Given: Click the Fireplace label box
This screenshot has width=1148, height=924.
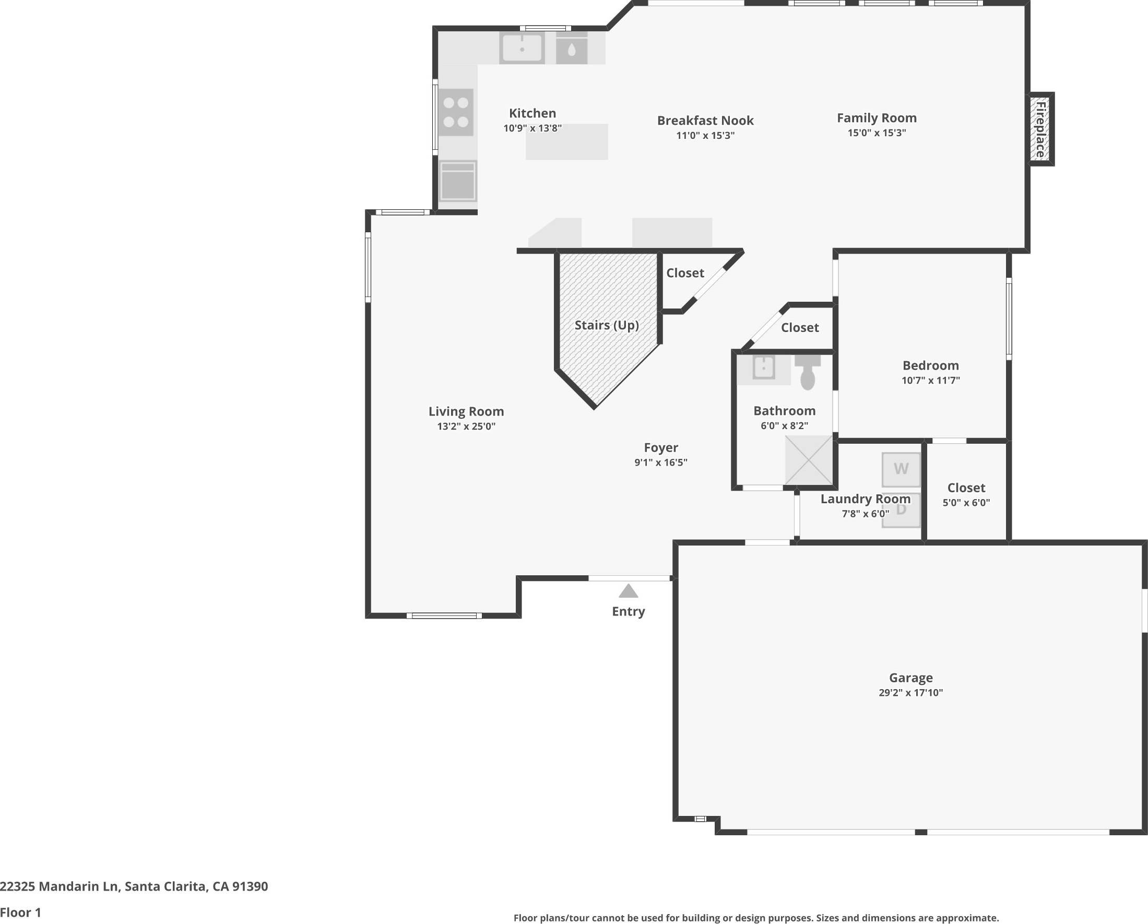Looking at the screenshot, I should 1040,129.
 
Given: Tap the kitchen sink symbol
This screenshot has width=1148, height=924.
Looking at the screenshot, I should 522,48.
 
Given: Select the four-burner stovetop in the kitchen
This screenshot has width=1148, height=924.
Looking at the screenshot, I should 456,112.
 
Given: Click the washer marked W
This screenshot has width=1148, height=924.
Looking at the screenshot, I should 901,469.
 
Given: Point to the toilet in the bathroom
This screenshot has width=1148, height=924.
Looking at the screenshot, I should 808,372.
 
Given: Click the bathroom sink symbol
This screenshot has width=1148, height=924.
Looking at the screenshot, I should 764,368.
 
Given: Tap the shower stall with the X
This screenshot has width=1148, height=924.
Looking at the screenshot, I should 809,460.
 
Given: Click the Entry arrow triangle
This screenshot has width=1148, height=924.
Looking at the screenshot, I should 629,591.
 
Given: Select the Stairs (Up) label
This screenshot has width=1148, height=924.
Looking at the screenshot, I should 607,325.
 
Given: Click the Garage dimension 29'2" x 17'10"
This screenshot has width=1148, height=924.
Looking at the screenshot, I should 910,692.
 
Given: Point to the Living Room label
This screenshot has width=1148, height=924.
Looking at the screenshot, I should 466,411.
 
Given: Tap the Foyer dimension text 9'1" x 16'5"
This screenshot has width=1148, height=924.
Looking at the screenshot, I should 661,463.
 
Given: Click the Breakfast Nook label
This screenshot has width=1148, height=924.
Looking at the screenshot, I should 705,121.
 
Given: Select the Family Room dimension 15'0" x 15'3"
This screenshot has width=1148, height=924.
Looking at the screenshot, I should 877,133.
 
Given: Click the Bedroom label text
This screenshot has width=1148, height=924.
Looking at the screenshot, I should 930,365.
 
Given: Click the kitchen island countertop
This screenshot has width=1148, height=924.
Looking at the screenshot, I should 566,144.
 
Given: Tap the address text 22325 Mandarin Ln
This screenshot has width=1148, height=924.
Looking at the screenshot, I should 134,886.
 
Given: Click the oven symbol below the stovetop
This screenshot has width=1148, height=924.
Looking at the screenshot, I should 458,182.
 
